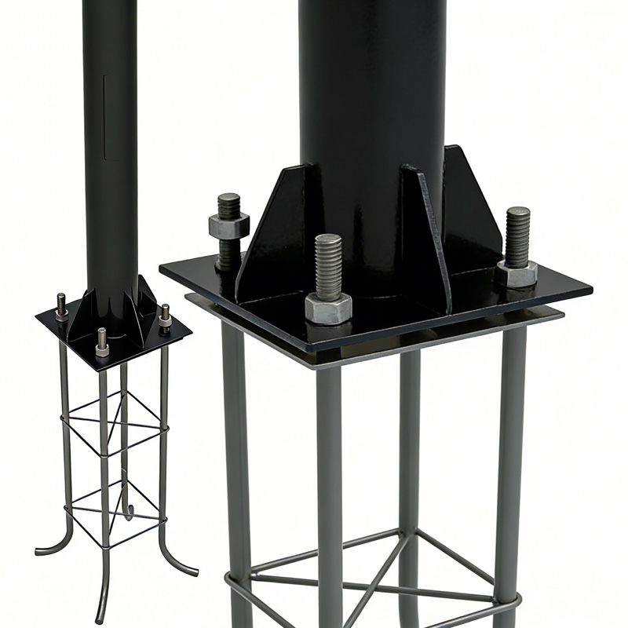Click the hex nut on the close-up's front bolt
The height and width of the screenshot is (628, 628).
click(328, 308)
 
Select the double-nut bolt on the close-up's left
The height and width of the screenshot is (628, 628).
click(228, 228)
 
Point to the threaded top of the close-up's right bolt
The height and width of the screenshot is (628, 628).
click(517, 234)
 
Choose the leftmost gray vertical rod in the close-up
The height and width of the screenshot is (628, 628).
click(235, 471)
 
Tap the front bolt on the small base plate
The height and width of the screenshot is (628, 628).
click(102, 342)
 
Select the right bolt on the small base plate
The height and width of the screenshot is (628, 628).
click(165, 318)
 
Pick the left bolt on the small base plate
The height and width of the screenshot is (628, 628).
click(61, 306)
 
